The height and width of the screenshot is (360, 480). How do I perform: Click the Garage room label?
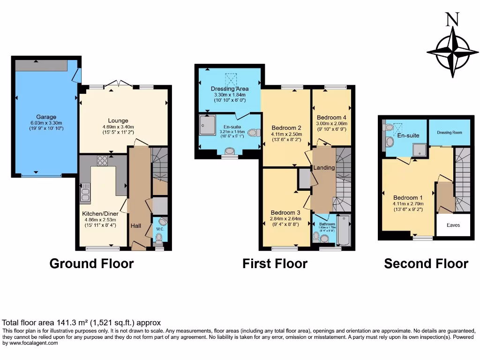(x=46, y=117)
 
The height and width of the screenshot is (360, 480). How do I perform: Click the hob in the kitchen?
(x=102, y=161)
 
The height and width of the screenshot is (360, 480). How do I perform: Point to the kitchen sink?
(x=85, y=193)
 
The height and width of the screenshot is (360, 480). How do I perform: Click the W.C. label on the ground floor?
(x=159, y=229)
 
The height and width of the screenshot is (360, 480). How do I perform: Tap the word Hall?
(x=136, y=226)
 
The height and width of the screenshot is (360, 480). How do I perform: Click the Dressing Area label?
(x=229, y=89)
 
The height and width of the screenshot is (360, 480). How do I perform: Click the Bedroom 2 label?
(x=286, y=127)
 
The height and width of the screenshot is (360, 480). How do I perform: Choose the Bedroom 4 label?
(x=331, y=118)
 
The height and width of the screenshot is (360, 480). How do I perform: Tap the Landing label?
(x=324, y=167)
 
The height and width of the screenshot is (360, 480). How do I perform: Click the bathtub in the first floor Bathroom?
(x=344, y=230)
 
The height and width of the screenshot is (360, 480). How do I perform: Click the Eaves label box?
(x=453, y=225)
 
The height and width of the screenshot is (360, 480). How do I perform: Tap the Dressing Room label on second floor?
(x=450, y=132)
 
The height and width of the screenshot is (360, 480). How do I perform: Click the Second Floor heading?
(x=426, y=264)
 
